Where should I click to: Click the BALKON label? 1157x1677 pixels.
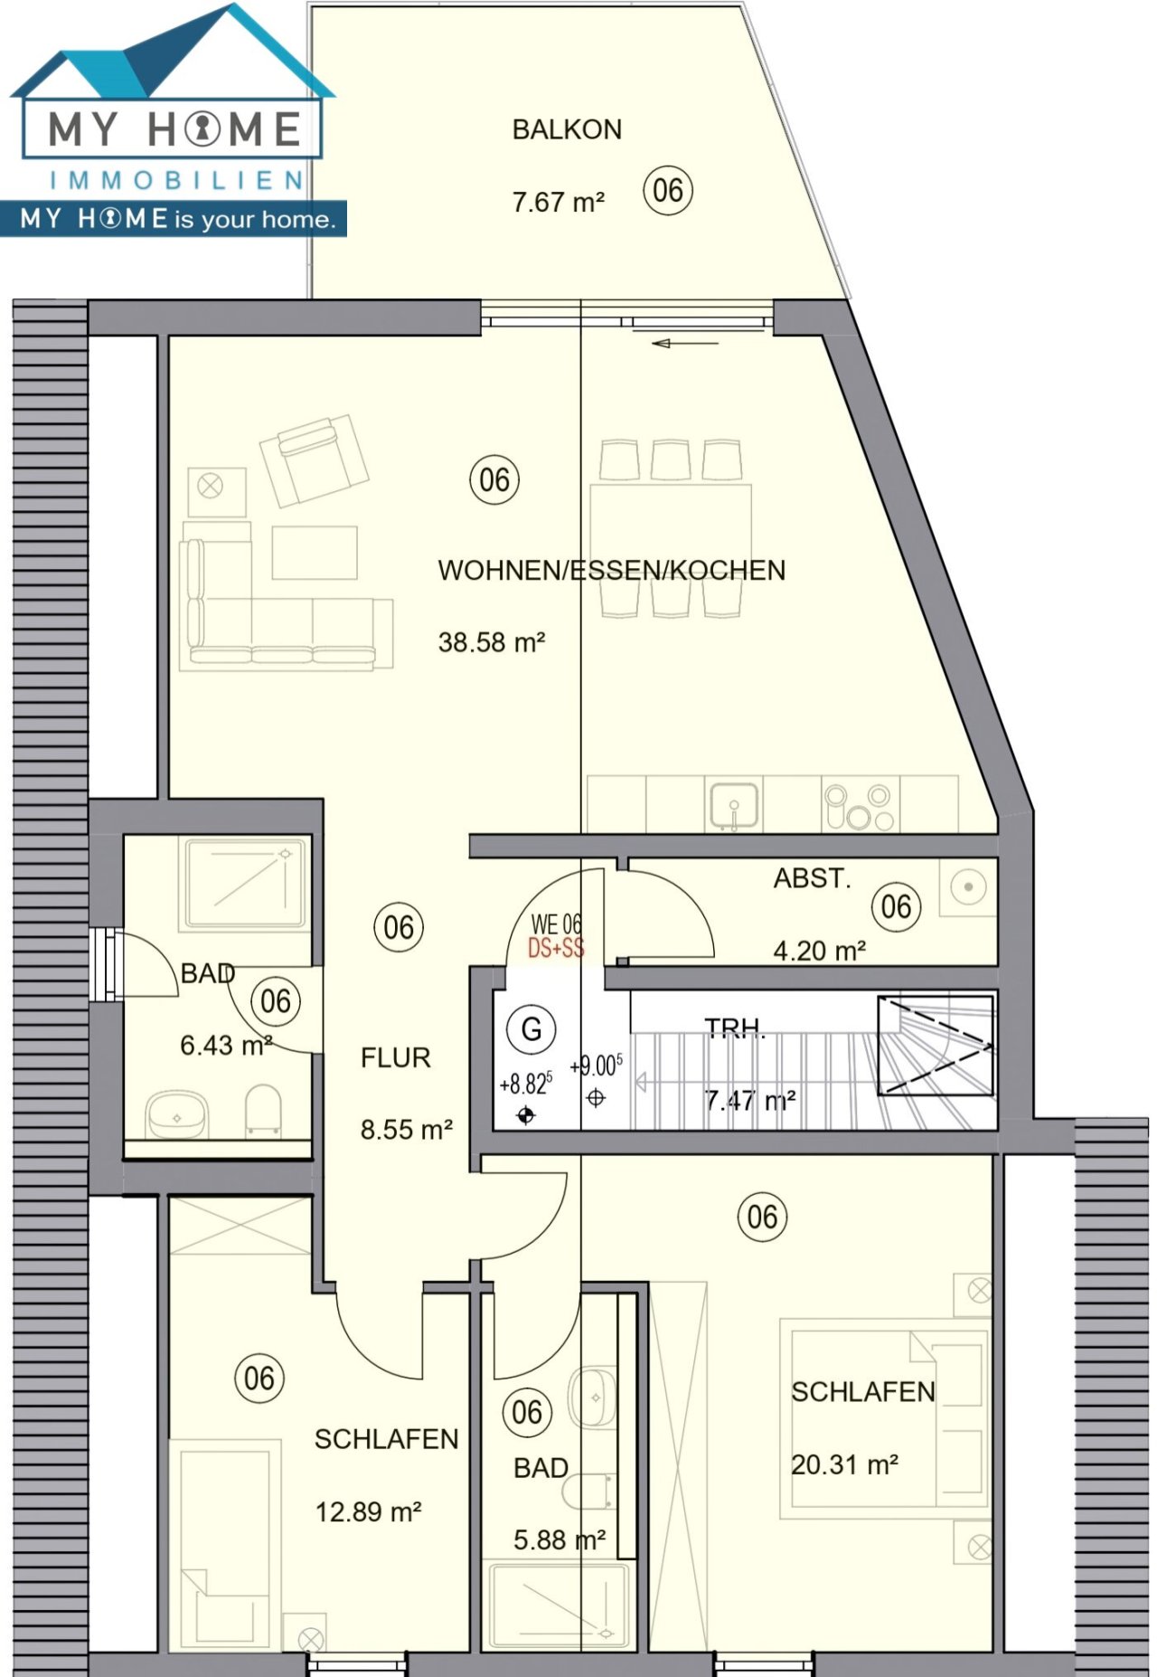point(567,129)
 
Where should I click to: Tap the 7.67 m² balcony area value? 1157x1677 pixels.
point(558,202)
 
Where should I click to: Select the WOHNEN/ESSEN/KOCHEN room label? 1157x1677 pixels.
point(611,570)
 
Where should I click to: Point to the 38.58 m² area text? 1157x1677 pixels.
point(491,642)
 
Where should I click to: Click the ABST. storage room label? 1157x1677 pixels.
point(812,878)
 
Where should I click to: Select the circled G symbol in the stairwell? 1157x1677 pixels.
point(531,1028)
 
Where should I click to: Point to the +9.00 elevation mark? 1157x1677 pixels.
point(596,1066)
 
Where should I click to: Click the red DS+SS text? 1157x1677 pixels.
point(556,948)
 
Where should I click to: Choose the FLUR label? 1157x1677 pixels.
point(395,1057)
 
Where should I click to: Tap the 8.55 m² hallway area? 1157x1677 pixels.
point(406,1130)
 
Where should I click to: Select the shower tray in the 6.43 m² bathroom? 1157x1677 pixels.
point(246,882)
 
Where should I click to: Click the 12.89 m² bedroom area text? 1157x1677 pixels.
point(368,1511)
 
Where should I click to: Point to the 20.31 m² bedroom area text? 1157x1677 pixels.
point(844,1464)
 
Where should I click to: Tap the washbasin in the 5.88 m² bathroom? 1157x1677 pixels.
point(593,1397)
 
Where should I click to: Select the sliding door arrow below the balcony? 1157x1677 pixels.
point(684,343)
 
